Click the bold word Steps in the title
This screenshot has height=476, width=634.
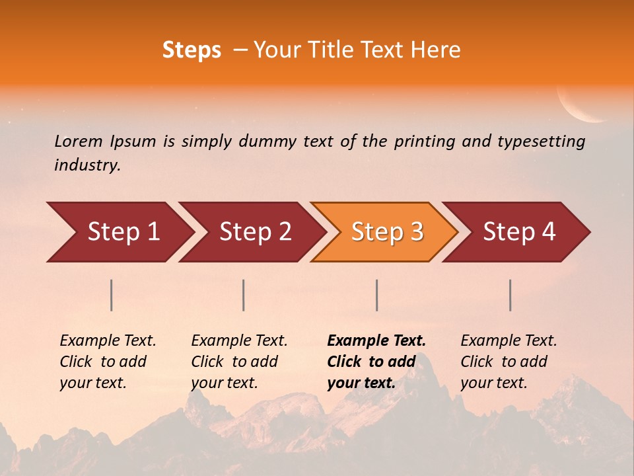(x=192, y=50)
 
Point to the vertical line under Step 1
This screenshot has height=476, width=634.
(x=112, y=295)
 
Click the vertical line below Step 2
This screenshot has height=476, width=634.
(x=244, y=295)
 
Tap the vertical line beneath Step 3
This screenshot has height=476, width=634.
(x=377, y=295)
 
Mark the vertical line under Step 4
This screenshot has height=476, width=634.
(x=511, y=295)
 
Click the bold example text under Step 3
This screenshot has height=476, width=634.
(x=375, y=362)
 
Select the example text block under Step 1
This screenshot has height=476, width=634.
(x=107, y=362)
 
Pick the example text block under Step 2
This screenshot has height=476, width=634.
(x=238, y=362)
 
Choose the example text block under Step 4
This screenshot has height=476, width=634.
(x=508, y=362)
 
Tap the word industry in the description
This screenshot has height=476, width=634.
(x=87, y=165)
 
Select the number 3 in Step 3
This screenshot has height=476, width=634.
(x=416, y=231)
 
